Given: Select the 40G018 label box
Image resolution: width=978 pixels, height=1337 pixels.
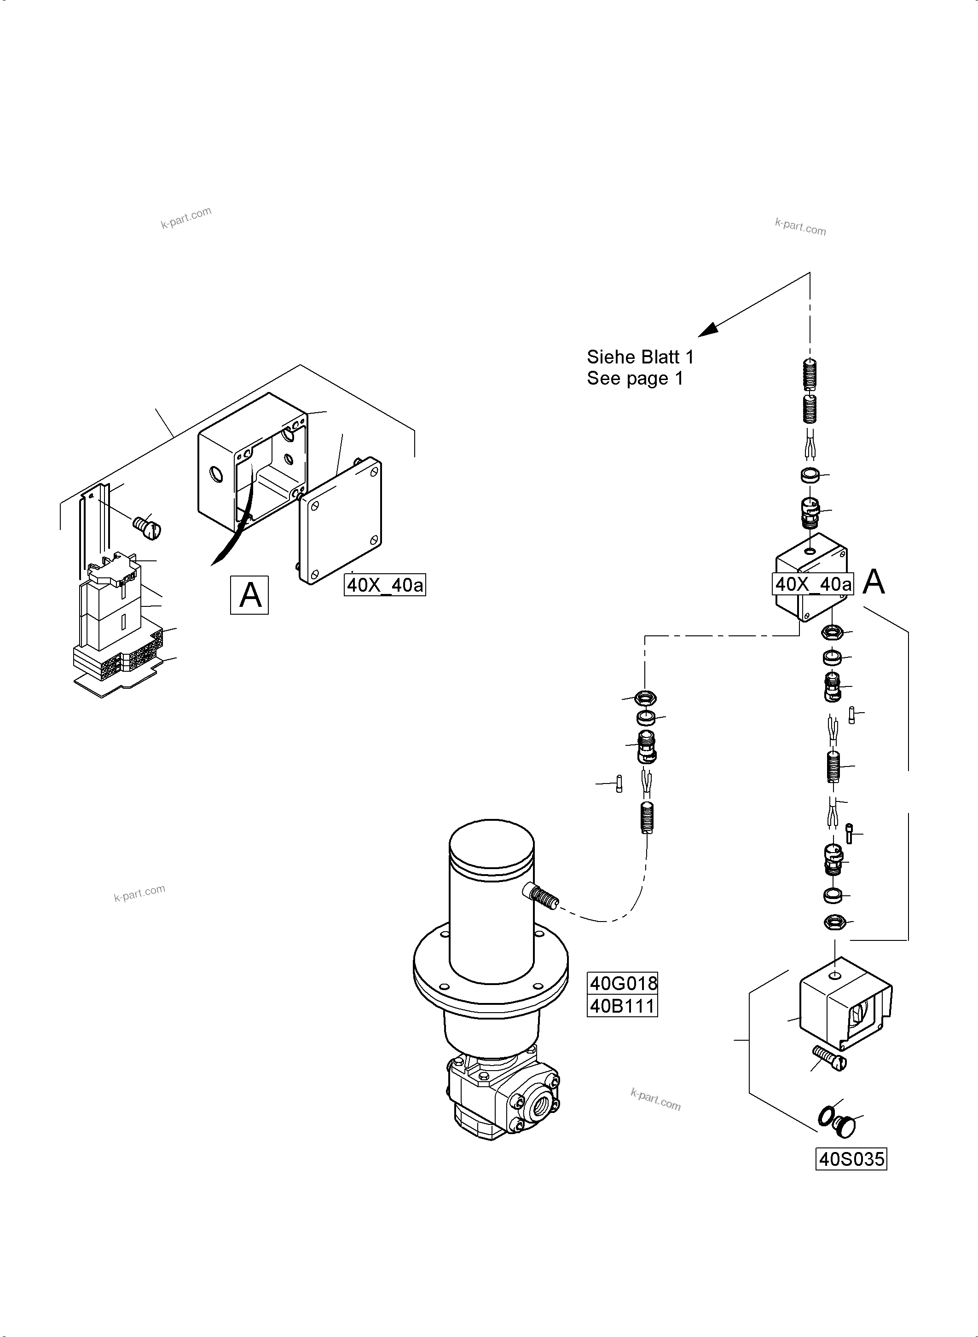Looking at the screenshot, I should point(622,983).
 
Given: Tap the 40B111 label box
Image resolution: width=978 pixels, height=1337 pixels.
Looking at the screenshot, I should point(622,1006).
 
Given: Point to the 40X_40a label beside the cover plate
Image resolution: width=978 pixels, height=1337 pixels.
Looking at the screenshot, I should point(385,585).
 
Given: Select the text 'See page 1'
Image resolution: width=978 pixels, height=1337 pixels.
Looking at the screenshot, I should point(635,378).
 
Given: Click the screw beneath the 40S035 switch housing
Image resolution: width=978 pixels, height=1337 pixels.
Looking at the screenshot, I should point(830,1058).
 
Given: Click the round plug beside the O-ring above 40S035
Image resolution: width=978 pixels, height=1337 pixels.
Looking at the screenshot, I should point(845,1125).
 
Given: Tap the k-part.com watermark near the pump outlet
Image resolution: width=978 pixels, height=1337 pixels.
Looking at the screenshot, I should point(655,1100).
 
